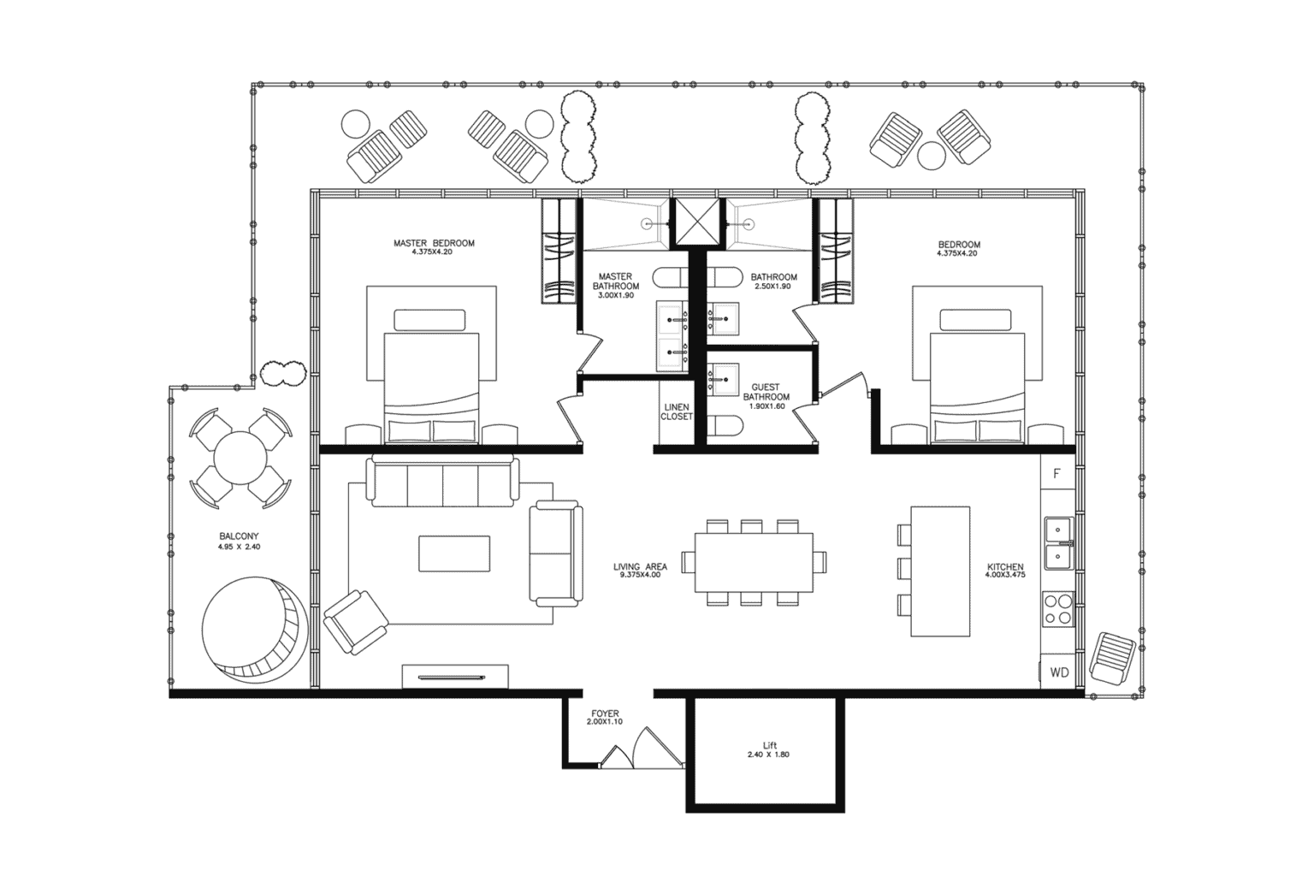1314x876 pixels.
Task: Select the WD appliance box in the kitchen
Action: (1058, 672)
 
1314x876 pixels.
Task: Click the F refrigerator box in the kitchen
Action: (1057, 473)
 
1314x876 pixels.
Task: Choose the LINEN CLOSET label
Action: (676, 412)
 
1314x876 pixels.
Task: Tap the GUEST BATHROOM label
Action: (766, 392)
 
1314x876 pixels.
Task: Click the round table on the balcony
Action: (239, 459)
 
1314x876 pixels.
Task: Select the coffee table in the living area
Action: (454, 553)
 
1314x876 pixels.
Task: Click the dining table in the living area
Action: (754, 561)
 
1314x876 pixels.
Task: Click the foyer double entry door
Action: (630, 756)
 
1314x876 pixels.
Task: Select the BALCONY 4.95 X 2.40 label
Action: (239, 542)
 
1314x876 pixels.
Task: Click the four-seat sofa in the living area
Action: (442, 480)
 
